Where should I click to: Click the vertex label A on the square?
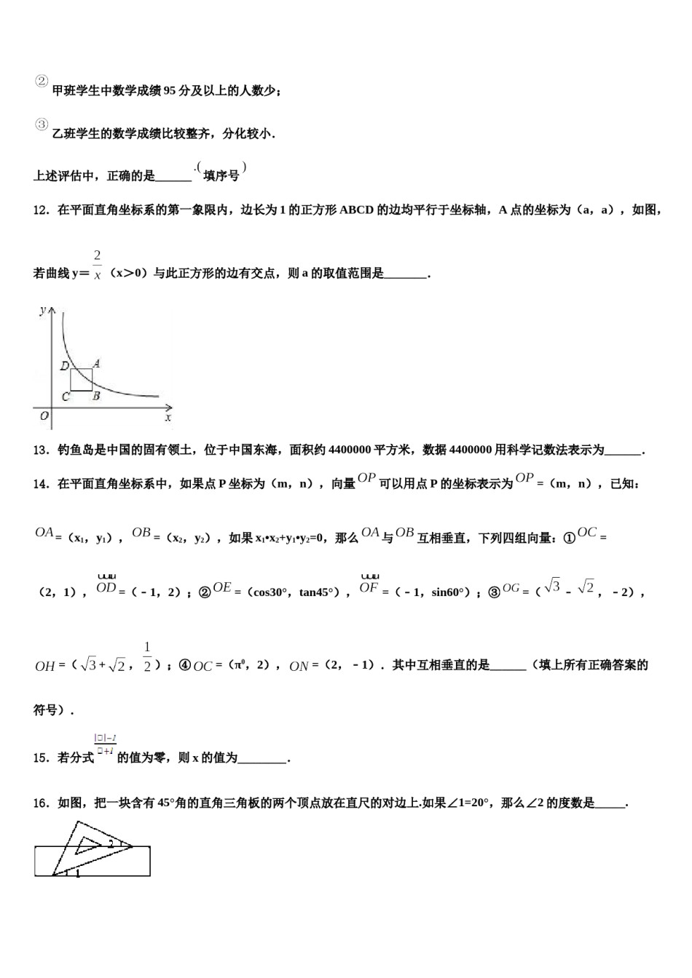pyautogui.click(x=95, y=363)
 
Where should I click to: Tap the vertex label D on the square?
pyautogui.click(x=64, y=366)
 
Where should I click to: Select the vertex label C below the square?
pyautogui.click(x=66, y=397)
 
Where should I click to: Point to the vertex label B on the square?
pyautogui.click(x=95, y=397)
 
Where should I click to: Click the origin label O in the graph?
pyautogui.click(x=44, y=416)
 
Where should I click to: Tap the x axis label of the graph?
pyautogui.click(x=168, y=418)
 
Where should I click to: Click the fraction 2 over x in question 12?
pyautogui.click(x=97, y=265)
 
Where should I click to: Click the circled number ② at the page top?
pyautogui.click(x=42, y=81)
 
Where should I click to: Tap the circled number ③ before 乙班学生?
pyautogui.click(x=42, y=124)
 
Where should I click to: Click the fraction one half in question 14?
pyautogui.click(x=147, y=656)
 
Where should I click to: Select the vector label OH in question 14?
pyautogui.click(x=45, y=666)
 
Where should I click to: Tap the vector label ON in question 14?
pyautogui.click(x=299, y=666)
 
